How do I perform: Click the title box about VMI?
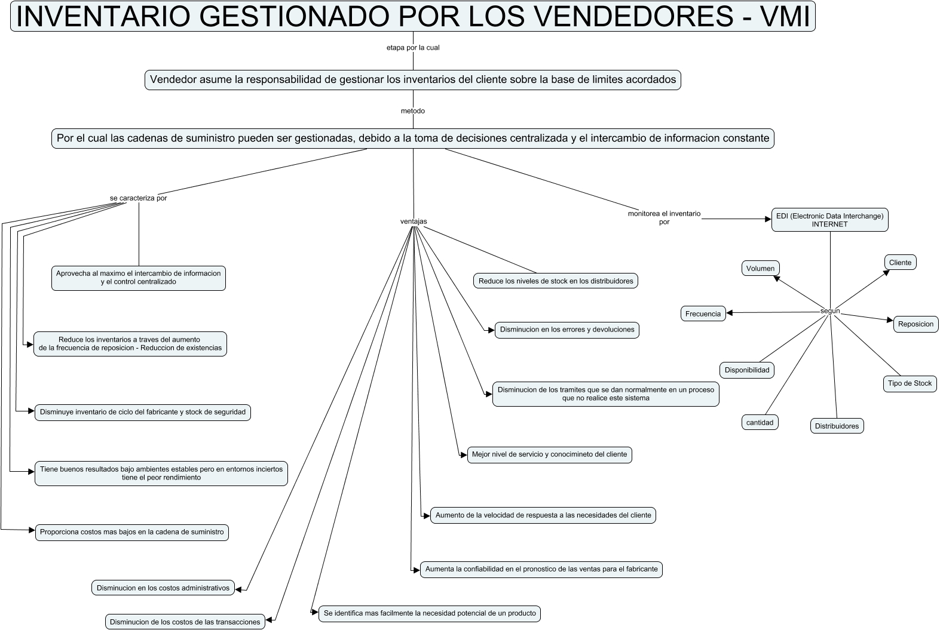pos(412,16)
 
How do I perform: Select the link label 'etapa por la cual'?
pos(413,48)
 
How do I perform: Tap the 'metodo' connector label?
pos(413,111)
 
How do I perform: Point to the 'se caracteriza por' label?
pos(139,198)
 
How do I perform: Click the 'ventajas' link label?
pos(414,222)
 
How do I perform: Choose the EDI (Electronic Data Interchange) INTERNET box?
pos(829,220)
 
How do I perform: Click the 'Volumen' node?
pos(760,269)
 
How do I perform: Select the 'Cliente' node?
pos(900,263)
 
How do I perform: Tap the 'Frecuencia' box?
pos(703,314)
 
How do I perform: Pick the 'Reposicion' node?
pos(915,324)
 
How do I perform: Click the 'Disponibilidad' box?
pos(747,370)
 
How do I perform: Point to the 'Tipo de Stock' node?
pos(910,383)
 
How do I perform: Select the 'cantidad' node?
pos(760,422)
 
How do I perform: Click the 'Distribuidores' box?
pos(837,426)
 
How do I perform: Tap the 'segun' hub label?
pos(830,311)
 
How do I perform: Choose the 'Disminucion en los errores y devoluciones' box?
pos(567,330)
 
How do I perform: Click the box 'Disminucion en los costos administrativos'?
pos(163,588)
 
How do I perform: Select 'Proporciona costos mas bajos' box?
pos(132,532)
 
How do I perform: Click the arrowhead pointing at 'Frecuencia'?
pos(729,313)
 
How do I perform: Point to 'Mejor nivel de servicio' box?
pos(549,454)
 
